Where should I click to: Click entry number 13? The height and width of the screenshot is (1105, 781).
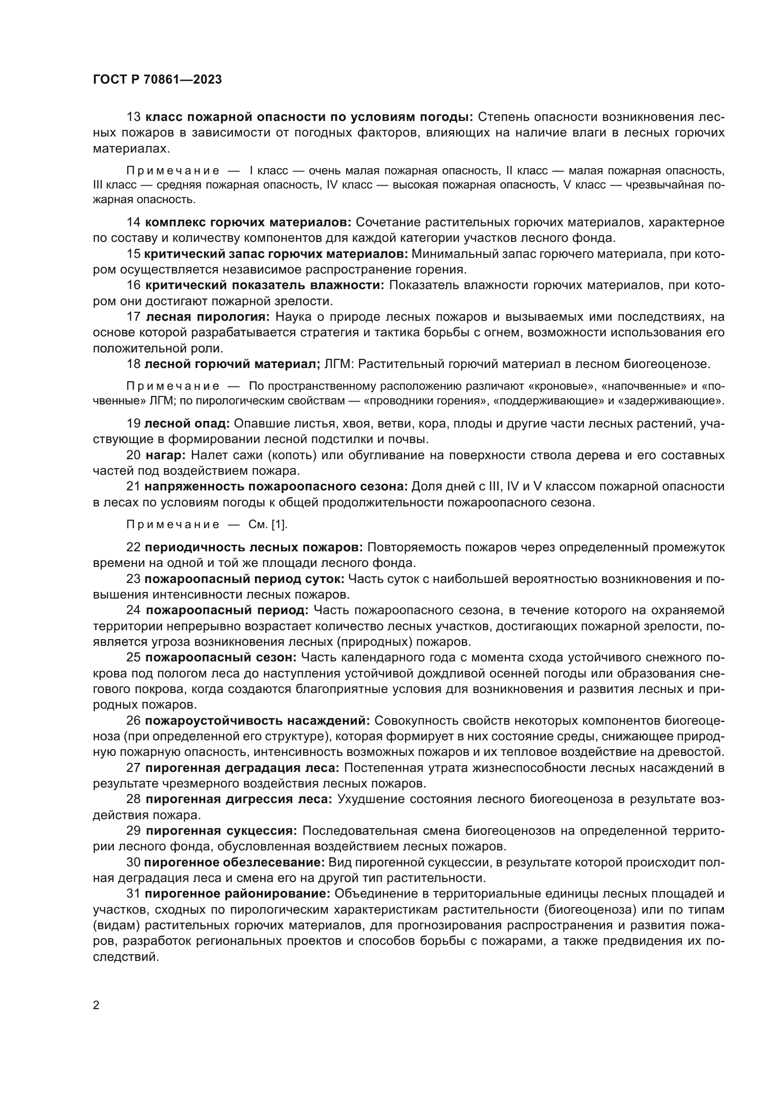pyautogui.click(x=133, y=117)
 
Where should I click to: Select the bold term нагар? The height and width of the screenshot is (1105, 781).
pyautogui.click(x=161, y=455)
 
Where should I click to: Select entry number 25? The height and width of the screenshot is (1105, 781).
pyautogui.click(x=133, y=658)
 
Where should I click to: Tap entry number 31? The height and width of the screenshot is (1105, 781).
pyautogui.click(x=133, y=894)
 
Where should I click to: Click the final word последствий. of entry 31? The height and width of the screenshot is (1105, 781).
pyautogui.click(x=126, y=957)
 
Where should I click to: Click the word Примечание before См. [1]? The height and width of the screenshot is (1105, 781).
pyautogui.click(x=173, y=524)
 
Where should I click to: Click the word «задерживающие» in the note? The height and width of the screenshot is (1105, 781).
pyautogui.click(x=676, y=401)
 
